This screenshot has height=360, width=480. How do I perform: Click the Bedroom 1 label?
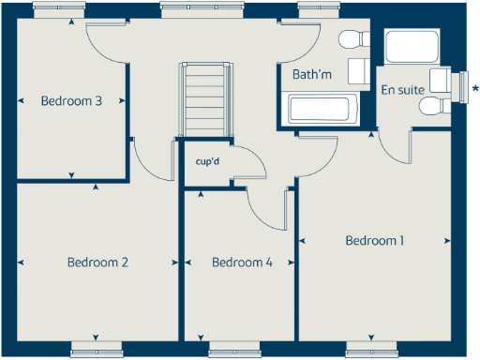(x=374, y=241)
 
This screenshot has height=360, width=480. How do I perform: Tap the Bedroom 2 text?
(x=97, y=262)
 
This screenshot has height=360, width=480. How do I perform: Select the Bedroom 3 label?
(x=71, y=101)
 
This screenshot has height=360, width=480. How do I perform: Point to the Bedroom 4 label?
(x=242, y=262)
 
